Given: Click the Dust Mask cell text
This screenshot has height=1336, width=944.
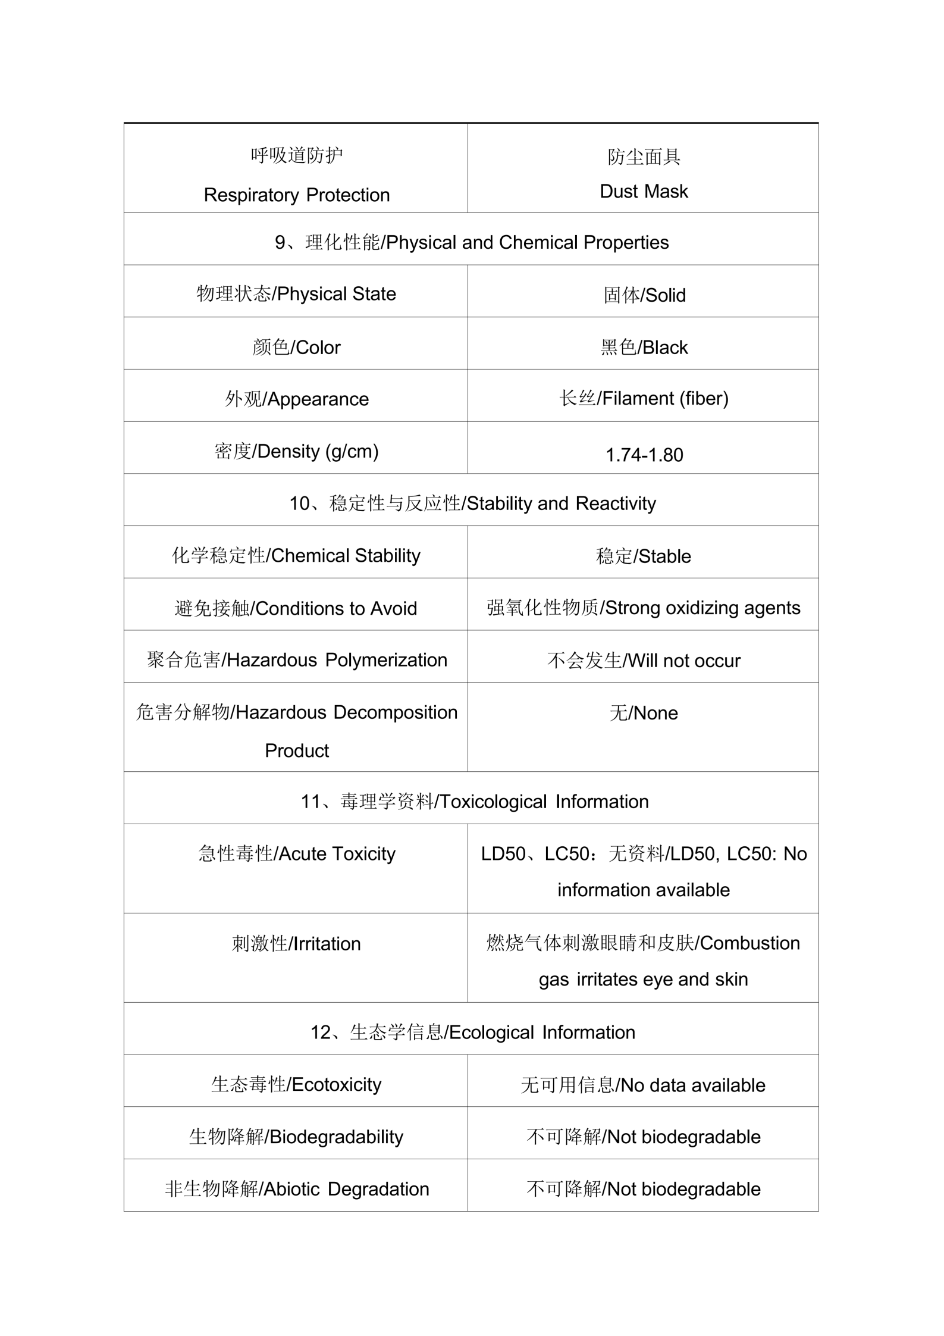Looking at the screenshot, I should tap(644, 191).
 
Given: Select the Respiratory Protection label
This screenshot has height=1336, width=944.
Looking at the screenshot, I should tap(296, 195).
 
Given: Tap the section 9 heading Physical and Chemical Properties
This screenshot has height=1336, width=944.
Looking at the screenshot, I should tap(471, 242).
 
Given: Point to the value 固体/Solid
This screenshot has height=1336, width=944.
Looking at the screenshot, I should tap(644, 295).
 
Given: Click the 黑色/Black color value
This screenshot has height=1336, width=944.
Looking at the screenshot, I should tap(644, 348).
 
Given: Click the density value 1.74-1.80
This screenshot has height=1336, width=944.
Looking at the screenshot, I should tap(644, 455).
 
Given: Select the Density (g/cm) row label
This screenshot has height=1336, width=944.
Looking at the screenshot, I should tap(296, 451).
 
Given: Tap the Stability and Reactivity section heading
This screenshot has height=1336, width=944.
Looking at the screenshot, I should tap(472, 503).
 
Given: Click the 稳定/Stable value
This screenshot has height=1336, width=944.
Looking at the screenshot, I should tap(644, 556).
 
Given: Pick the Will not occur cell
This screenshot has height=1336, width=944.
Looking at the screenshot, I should tap(644, 661).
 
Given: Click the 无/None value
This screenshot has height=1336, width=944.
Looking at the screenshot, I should tap(644, 713).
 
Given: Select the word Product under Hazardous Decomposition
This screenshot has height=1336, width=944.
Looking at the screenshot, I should tap(296, 750).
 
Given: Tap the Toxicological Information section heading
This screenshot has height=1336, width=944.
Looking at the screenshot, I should tap(474, 802).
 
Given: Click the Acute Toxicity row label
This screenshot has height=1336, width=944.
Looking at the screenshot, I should tap(296, 854).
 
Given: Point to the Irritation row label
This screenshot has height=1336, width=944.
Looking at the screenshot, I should tap(296, 944).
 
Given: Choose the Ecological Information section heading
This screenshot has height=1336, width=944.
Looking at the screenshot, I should tap(472, 1032).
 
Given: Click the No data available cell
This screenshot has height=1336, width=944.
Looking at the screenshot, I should tap(643, 1085).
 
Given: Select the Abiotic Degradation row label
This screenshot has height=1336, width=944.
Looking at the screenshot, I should tap(296, 1189).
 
